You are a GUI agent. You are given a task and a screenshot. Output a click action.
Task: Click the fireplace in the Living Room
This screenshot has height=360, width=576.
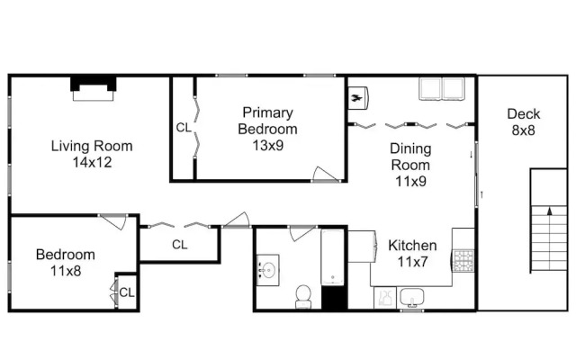pos(94,88)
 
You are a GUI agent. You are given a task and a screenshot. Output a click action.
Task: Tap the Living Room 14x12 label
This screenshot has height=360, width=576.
pos(92,154)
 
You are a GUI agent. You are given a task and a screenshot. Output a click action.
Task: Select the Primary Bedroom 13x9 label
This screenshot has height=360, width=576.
pos(268,129)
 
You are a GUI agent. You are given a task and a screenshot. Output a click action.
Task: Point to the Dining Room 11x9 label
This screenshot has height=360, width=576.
pos(410,165)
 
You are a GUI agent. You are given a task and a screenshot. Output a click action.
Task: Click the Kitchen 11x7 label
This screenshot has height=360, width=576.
pos(412,254)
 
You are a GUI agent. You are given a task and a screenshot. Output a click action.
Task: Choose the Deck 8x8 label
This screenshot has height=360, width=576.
pos(524,122)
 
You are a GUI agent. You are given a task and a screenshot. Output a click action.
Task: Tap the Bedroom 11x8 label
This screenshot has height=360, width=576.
pos(66,263)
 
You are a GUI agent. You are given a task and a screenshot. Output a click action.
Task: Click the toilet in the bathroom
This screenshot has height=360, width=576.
pos(303,296)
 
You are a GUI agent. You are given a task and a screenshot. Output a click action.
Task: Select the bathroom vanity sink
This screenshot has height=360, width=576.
pos(268,270)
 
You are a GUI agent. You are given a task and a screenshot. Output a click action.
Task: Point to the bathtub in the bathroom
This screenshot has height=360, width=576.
pos(332,257)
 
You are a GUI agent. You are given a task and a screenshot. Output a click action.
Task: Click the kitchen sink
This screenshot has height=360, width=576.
pos(412,298)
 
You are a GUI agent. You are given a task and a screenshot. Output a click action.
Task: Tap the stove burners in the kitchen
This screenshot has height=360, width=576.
pos(463,260)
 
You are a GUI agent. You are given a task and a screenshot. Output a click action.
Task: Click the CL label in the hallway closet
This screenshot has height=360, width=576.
pos(180,244)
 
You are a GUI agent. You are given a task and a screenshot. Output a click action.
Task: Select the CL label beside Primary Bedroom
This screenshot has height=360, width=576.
pos(184,128)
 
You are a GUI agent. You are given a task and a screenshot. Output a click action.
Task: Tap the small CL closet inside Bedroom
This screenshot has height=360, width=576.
pos(127,292)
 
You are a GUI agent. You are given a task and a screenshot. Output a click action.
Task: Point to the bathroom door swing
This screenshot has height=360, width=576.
pos(302,234)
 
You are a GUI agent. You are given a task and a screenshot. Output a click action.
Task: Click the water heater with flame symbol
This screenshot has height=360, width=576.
pos(358,98)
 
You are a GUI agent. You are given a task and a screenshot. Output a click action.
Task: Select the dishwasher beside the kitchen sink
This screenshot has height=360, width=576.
pos(385,298)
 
